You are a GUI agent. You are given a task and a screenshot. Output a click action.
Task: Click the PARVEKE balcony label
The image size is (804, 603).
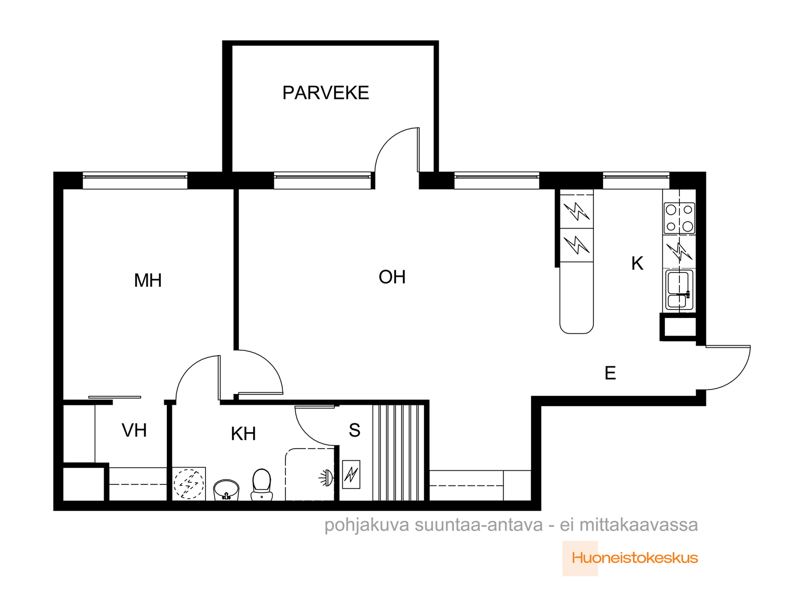coord(325,92)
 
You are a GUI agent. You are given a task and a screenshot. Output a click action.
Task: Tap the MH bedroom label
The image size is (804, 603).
coord(148,280)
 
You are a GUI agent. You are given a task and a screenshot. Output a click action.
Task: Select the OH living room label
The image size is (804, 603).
coord(392,277)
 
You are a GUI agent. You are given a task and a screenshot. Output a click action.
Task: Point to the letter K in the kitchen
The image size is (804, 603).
coord(637,264)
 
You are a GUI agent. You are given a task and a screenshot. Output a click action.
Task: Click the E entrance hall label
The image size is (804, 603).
coord(610,373)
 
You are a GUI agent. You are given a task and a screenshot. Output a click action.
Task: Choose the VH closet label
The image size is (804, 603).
coord(134,431)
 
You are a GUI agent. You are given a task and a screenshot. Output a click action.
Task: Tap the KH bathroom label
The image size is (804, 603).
coord(243,434)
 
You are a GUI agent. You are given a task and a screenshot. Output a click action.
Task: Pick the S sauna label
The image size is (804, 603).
coord(354,430)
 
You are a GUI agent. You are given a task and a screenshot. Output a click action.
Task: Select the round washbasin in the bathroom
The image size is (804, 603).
coord(226,490)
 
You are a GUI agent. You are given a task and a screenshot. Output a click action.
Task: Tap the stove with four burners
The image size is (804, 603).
coord(679,219)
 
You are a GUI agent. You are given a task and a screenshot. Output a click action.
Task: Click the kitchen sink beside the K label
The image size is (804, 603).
coord(679,290)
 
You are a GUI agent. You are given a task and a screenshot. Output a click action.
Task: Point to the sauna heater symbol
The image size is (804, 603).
coord(351,474)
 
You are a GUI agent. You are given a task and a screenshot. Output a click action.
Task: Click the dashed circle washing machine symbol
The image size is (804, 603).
coord(188,483)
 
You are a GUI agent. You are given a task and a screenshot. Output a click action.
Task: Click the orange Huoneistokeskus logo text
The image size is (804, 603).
coord(635,558)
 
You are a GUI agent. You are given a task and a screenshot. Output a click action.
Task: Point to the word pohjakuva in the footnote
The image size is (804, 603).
coord(367,526)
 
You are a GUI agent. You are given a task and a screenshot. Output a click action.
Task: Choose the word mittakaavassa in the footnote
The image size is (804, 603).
coord(639,525)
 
